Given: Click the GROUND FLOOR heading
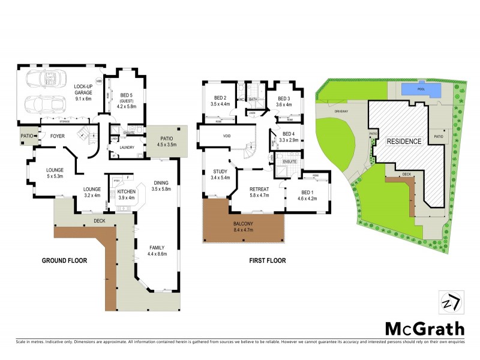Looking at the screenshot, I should point(65,261).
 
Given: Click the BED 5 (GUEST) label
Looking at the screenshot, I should point(127,98).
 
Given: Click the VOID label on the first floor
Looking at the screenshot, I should point(227,137).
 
